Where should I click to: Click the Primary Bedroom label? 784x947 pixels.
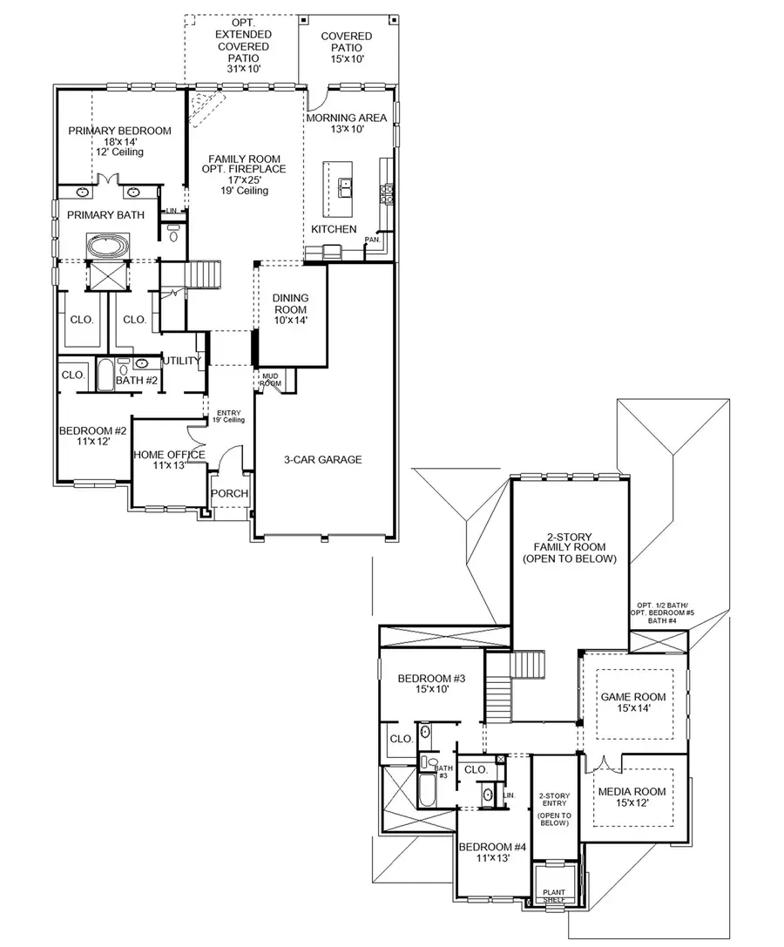click(x=119, y=131)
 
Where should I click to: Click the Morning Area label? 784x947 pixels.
click(x=346, y=118)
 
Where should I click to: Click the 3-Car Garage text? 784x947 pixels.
click(x=322, y=460)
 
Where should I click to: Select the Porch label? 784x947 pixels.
click(x=230, y=494)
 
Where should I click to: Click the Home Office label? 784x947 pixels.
click(x=169, y=455)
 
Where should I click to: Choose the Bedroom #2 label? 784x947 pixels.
click(x=93, y=431)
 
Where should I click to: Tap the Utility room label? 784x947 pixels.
click(x=182, y=361)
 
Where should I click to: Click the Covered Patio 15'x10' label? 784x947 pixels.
click(x=346, y=37)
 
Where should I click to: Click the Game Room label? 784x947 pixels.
click(x=633, y=697)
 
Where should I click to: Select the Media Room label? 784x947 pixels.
click(x=632, y=792)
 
